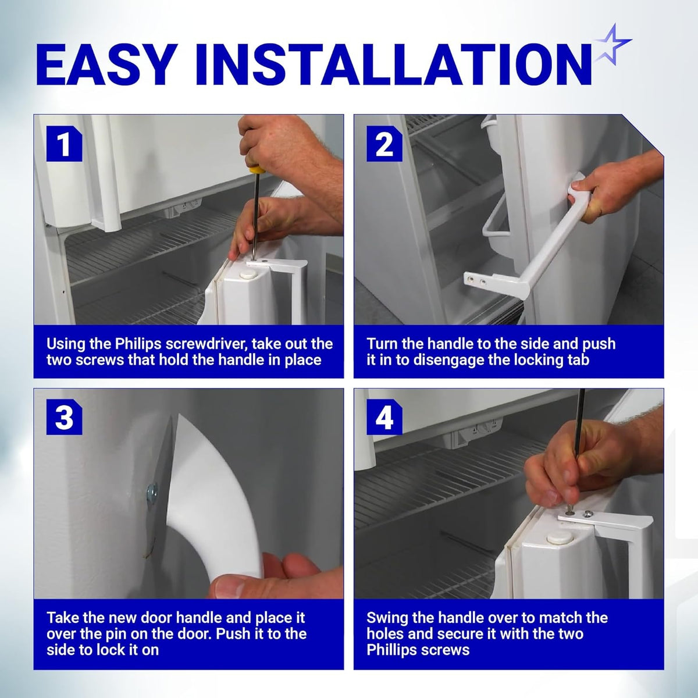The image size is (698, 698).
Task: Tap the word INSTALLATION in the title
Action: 395,65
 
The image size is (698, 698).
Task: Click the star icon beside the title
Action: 612,47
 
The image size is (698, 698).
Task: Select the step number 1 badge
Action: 64,144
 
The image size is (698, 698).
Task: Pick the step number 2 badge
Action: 384,144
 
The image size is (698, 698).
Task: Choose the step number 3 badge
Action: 64,417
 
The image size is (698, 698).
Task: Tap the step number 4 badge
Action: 384,417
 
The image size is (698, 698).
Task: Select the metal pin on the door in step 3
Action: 152,493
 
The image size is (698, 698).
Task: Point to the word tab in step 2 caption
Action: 577,360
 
